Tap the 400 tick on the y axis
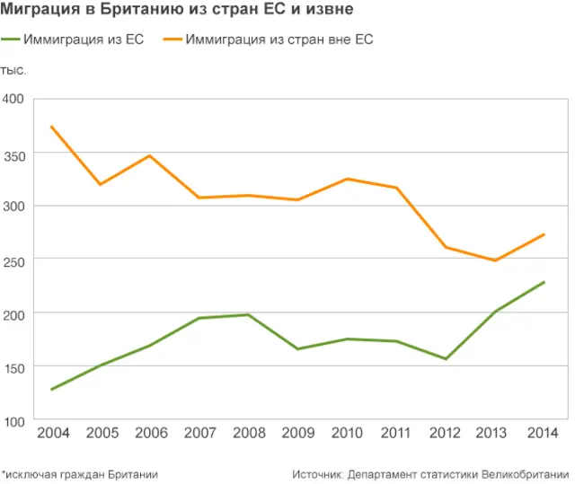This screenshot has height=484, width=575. click(13, 100)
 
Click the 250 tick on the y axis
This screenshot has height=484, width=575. click(13, 260)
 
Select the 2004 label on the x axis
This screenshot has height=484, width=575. click(52, 433)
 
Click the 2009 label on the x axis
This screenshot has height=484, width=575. click(298, 433)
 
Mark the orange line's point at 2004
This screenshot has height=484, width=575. click(52, 127)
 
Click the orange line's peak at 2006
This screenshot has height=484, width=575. click(150, 155)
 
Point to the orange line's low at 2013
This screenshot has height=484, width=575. click(495, 260)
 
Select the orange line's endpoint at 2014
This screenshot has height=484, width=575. click(544, 234)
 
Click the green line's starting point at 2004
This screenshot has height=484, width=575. click(52, 390)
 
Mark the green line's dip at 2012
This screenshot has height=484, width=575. click(446, 359)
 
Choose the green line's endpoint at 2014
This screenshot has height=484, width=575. click(544, 282)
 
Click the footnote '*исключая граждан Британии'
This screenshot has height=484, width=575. click(80, 473)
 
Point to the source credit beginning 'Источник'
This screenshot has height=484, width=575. click(430, 473)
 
